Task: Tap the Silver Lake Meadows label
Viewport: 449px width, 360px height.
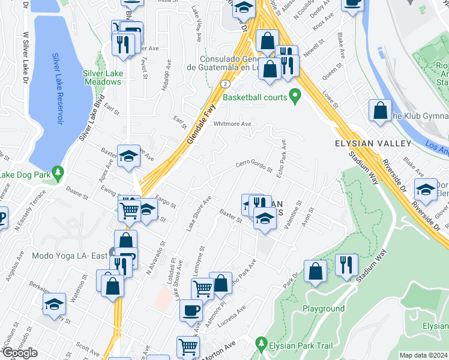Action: pyautogui.click(x=103, y=77)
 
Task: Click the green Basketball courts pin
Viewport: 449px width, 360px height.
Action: pyautogui.click(x=295, y=96)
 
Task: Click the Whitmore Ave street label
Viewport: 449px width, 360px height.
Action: pyautogui.click(x=232, y=124)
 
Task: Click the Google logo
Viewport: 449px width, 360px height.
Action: pyautogui.click(x=19, y=353)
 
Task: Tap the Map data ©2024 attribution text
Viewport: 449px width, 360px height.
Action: pyautogui.click(x=424, y=355)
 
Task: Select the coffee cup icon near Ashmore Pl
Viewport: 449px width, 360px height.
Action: pyautogui.click(x=191, y=311)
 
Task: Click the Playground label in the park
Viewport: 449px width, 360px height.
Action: pyautogui.click(x=323, y=309)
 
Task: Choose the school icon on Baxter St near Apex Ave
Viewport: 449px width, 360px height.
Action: pyautogui.click(x=128, y=156)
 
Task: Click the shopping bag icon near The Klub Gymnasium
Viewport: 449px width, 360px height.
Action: pyautogui.click(x=380, y=111)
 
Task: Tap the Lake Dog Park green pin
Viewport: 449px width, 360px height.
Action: pyautogui.click(x=57, y=173)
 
